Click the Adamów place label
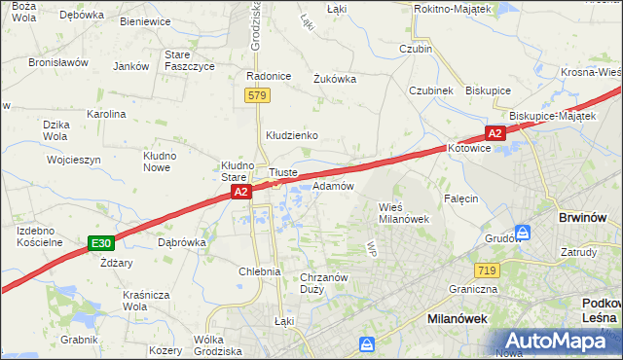pyautogui.click(x=333, y=185)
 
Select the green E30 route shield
pyautogui.click(x=100, y=242)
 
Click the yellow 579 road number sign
pyautogui.click(x=257, y=95)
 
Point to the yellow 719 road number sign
pyautogui.click(x=488, y=270)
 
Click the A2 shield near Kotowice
pyautogui.click(x=495, y=133)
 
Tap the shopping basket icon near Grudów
pyautogui.click(x=523, y=234)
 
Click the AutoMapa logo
pyautogui.click(x=559, y=341)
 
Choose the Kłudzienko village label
pyautogui.click(x=292, y=135)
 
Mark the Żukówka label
pyautogui.click(x=335, y=79)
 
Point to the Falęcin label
pyautogui.click(x=461, y=198)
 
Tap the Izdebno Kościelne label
pyautogui.click(x=40, y=235)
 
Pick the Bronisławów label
pyautogui.click(x=58, y=62)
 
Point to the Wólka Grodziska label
pyautogui.click(x=216, y=344)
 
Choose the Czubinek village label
pyautogui.click(x=431, y=90)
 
